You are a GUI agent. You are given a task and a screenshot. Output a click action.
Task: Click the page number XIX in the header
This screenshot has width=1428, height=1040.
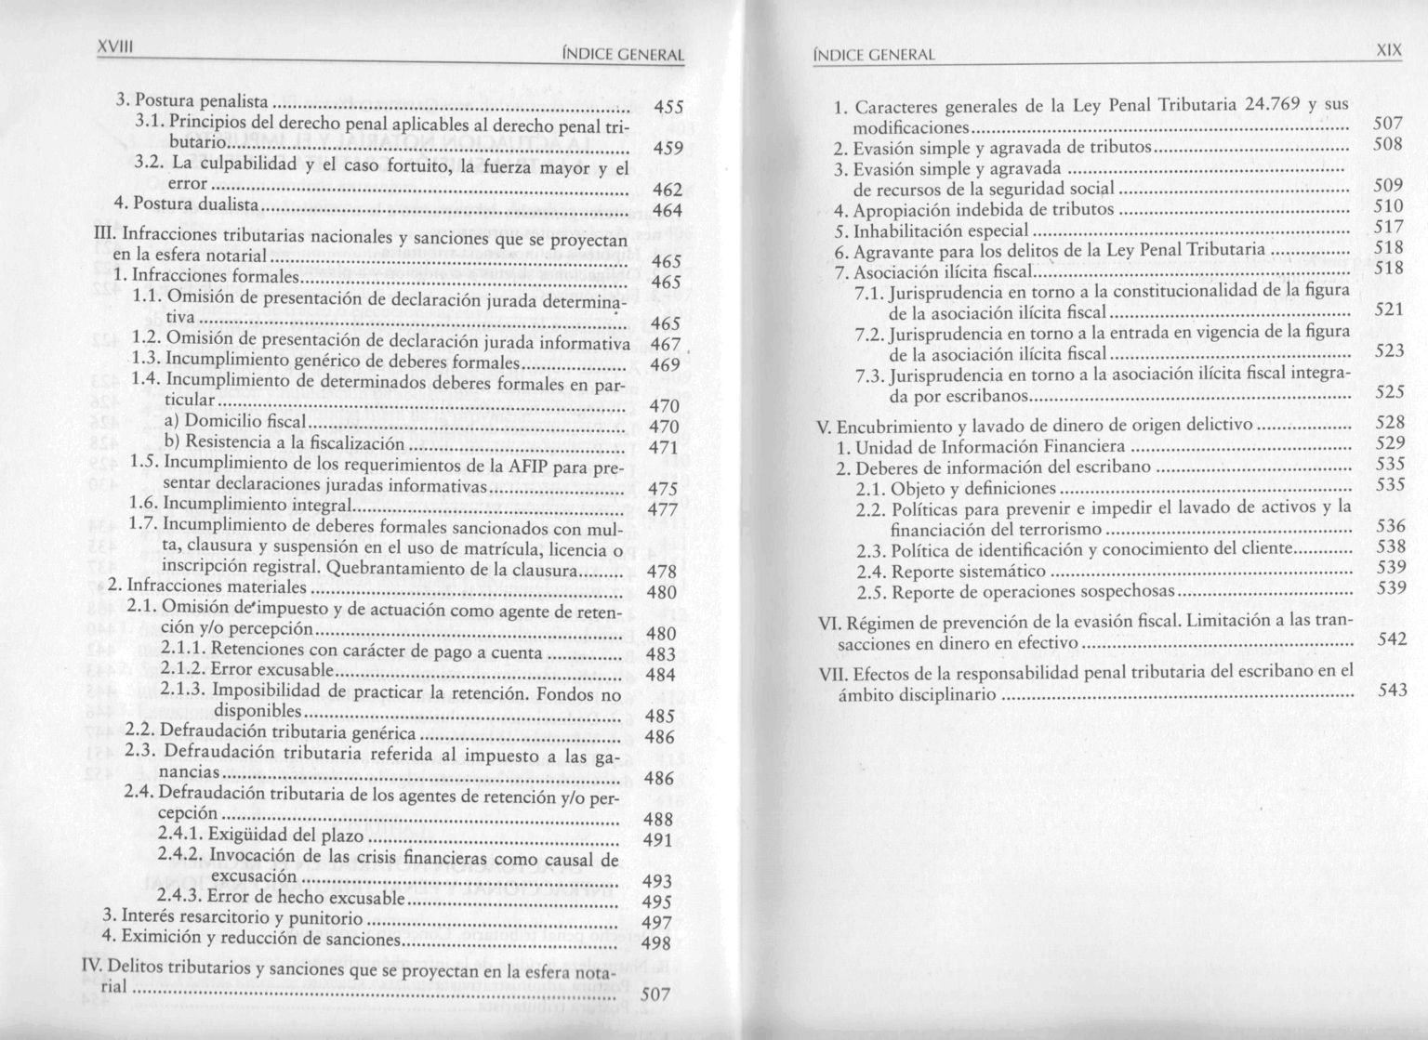click(x=1389, y=52)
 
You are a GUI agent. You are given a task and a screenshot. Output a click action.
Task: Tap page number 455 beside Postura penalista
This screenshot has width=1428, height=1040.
click(x=669, y=108)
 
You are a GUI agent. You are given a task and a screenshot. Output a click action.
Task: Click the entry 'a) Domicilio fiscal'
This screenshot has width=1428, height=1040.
click(x=234, y=423)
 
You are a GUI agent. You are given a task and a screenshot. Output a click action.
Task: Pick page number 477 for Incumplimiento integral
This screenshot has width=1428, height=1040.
click(x=663, y=509)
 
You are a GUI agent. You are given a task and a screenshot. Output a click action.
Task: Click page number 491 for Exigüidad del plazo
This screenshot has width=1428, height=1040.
click(x=658, y=841)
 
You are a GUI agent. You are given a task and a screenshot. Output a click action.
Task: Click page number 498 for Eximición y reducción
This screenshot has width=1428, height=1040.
click(x=656, y=943)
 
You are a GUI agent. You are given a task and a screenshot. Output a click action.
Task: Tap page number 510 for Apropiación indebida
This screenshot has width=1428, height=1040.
click(x=1389, y=205)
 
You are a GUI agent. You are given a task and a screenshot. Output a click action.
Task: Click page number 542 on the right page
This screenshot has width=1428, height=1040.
click(x=1392, y=639)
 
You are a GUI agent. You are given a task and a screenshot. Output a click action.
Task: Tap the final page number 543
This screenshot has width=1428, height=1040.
click(x=1392, y=691)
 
